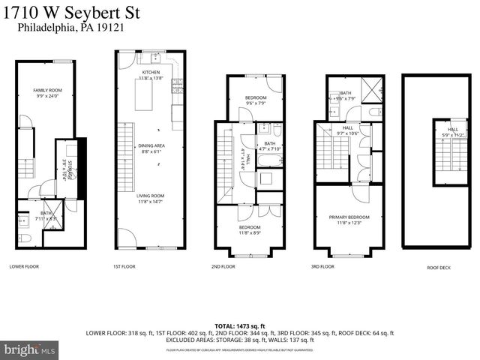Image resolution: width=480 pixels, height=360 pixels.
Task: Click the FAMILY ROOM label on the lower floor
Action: [x=46, y=91]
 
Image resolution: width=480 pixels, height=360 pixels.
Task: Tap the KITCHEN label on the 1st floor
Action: [x=151, y=72]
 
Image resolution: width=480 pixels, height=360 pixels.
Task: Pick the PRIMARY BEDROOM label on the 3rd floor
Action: [x=349, y=217]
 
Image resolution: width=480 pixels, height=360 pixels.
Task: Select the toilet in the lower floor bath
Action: [x=25, y=239]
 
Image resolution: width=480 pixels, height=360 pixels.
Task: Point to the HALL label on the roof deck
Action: [x=453, y=129]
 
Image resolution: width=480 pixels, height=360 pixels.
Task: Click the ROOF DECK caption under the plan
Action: [x=428, y=266]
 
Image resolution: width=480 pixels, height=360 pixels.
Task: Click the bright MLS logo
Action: [x=30, y=349]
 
